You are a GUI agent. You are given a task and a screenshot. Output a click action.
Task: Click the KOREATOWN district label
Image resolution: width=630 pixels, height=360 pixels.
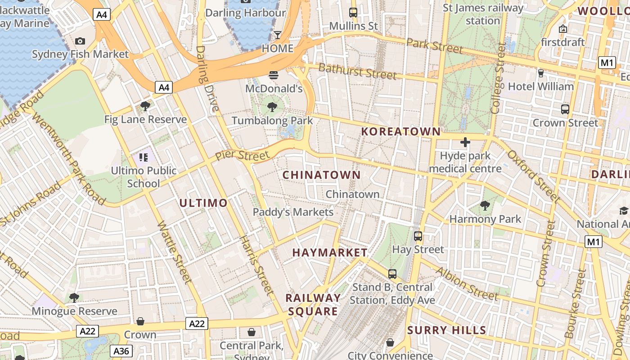[401, 131]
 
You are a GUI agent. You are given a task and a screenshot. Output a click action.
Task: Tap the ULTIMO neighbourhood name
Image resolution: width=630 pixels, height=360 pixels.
[203, 203]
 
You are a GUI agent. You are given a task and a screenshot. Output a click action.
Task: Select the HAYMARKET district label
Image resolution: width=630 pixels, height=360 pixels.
[330, 252]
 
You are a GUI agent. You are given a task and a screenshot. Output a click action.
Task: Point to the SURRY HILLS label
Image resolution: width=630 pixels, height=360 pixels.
[446, 330]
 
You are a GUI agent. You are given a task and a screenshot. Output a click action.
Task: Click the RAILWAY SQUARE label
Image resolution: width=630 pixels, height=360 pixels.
[313, 305]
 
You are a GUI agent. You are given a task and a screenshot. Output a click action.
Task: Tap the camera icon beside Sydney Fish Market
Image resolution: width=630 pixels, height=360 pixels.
[80, 41]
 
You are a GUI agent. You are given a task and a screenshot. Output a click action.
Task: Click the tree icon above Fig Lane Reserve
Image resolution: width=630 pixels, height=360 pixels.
[145, 106]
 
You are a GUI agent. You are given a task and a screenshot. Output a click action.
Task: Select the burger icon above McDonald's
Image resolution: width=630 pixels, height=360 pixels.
[274, 75]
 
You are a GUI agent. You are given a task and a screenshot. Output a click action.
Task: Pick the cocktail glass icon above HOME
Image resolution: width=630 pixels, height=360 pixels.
[278, 35]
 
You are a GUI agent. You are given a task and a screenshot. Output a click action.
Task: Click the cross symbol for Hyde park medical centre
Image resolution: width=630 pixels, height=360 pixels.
[465, 143]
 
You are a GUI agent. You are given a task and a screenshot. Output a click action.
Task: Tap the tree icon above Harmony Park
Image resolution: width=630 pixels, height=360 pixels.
[485, 206]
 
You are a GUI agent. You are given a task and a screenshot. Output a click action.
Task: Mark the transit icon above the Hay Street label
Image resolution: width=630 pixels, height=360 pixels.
[418, 236]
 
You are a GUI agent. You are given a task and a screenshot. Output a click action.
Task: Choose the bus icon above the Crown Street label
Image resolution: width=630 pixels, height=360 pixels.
[565, 109]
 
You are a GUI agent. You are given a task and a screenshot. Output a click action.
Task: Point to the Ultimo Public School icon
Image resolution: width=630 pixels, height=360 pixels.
[144, 157]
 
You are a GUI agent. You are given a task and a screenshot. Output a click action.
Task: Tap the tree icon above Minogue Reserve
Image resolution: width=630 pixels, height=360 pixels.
[74, 297]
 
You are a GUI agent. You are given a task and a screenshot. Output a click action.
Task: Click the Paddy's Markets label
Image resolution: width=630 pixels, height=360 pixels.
[293, 212]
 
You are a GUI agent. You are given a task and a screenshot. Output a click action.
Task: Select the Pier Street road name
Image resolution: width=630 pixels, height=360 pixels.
[242, 156]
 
